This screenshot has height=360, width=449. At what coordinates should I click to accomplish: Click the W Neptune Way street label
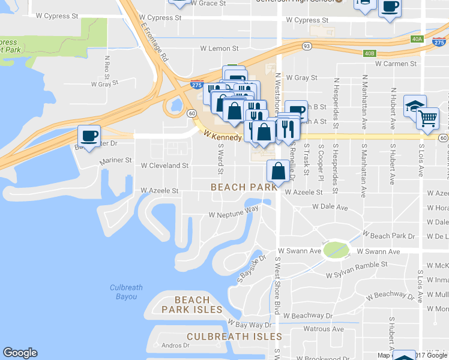coord(234,214)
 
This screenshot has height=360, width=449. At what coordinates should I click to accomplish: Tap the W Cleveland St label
coord(164,165)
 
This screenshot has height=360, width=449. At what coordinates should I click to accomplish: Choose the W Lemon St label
coord(219,48)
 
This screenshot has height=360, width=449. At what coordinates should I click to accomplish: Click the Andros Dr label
coord(175,345)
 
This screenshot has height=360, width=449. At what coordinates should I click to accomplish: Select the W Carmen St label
coord(396,63)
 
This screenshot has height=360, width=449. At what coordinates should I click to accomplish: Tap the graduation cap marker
coord(414,106)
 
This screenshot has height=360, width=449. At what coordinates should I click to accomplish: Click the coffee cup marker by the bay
coord(89,135)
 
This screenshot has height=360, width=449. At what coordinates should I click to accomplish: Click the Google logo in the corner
coord(20,353)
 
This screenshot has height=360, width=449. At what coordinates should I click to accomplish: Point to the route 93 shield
coord(307,46)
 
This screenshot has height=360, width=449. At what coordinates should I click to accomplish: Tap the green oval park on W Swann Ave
coord(336,250)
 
